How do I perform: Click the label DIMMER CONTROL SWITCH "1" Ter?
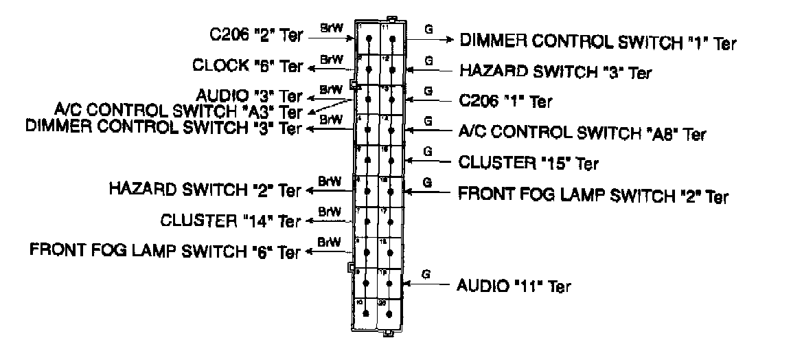[x=597, y=41]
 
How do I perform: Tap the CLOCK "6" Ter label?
[x=247, y=66]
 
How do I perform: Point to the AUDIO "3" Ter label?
[x=249, y=95]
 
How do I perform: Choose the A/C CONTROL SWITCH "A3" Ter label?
[x=178, y=111]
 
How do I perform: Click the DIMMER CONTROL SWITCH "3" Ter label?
[x=163, y=127]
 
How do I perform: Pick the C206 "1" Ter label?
[x=505, y=101]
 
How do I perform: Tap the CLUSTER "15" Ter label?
[x=528, y=163]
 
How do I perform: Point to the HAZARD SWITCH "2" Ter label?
[x=205, y=188]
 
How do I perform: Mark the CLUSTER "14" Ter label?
[x=230, y=221]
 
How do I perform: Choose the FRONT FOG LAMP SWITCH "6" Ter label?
[x=165, y=251]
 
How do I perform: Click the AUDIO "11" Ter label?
[x=514, y=285]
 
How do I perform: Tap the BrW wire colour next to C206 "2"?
[x=330, y=28]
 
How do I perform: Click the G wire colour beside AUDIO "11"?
[x=426, y=274]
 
